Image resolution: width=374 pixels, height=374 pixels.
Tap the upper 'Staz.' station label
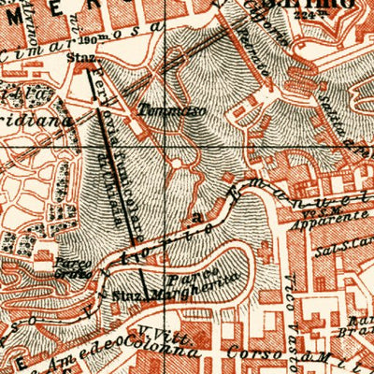pos(78,55)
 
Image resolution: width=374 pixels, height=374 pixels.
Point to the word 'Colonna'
pos(171,350)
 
